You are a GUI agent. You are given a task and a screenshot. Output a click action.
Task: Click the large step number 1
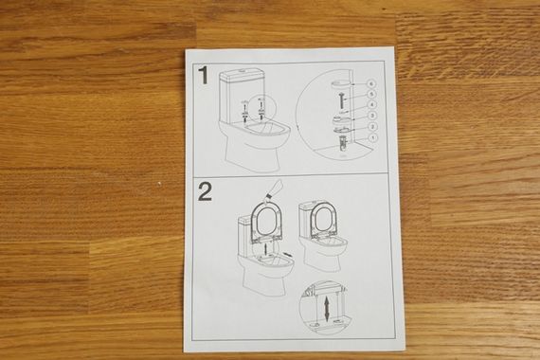coord(204,76)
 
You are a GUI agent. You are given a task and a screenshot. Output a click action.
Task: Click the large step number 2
coord(205,192)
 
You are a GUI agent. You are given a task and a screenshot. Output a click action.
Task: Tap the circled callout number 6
coord(371,83)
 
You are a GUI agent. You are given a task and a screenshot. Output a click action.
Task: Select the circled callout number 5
coord(371,94)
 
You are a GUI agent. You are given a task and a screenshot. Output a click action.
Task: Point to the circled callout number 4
coord(371,105)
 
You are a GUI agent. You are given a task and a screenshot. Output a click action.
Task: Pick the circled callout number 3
coord(372,116)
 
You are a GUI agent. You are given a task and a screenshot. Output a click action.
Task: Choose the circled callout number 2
coord(372,127)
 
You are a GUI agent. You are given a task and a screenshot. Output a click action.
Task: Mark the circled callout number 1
coord(373,137)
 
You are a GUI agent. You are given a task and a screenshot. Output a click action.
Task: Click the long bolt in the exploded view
coord(341,101)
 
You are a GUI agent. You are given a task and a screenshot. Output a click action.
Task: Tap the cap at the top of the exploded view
coord(340,83)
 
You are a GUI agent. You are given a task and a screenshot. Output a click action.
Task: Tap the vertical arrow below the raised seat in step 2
coord(264,249)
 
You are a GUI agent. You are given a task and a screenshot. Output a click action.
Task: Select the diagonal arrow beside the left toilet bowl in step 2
coord(288,255)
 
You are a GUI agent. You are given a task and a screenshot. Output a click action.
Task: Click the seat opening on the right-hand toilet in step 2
coord(323,221)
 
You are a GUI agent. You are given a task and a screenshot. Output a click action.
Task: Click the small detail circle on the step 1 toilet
coord(262,107)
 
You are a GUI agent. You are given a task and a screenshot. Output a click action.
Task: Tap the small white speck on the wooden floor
coord(158,184)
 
